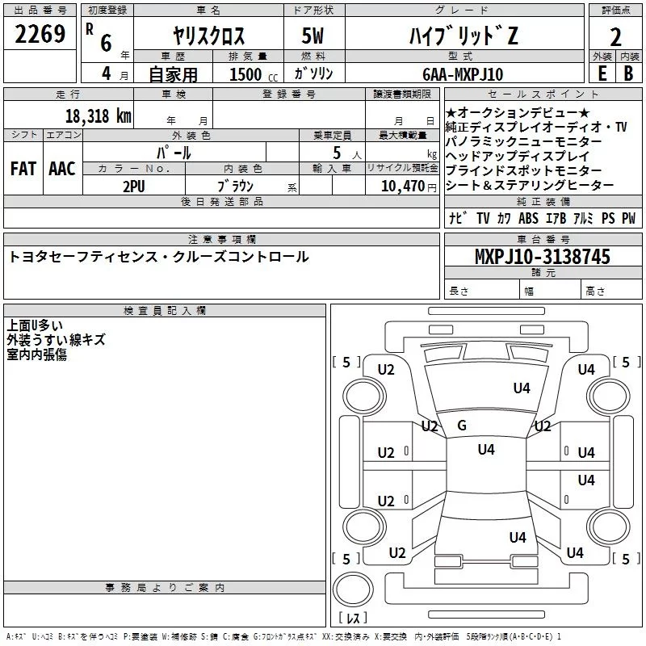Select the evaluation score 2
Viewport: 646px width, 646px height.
(x=615, y=36)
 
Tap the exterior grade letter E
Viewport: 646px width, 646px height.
(x=602, y=73)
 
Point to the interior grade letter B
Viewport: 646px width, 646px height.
(x=628, y=73)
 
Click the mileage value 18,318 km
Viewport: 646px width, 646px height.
(x=98, y=115)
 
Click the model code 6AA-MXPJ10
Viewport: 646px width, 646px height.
(x=463, y=73)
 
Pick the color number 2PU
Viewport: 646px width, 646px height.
(x=133, y=185)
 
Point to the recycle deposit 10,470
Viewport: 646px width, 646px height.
(x=401, y=185)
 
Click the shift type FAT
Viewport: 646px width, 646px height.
(x=23, y=169)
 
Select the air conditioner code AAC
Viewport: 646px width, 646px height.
(x=62, y=169)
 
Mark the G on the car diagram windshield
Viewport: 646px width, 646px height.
(x=462, y=426)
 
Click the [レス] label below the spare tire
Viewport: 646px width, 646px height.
(x=353, y=619)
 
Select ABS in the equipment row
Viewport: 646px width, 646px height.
(x=528, y=218)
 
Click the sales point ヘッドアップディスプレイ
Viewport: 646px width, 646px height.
(x=518, y=156)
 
